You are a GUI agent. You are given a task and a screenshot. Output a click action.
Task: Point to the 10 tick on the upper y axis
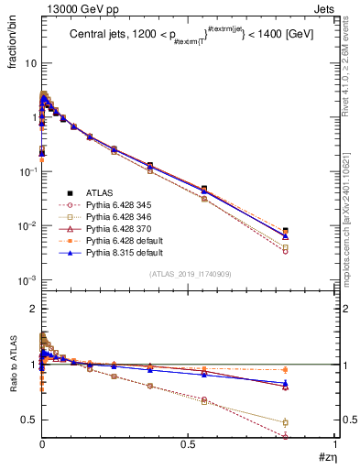point(28,63)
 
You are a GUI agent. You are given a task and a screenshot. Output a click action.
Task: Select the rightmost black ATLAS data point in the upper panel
point(311,232)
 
